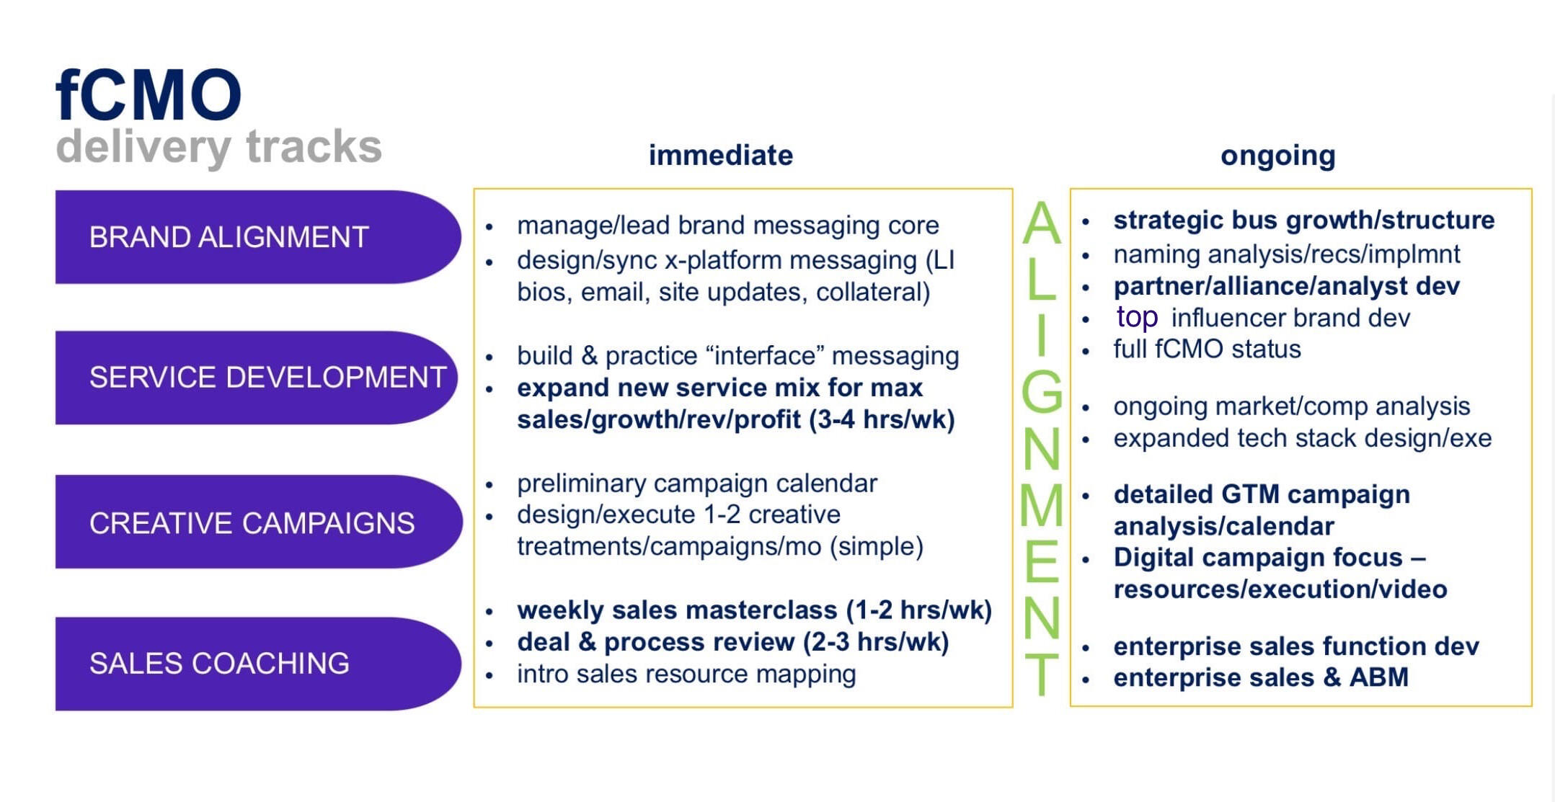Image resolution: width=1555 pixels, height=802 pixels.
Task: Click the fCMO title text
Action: [x=149, y=95]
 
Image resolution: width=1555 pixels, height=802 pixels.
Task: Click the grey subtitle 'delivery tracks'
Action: [x=218, y=146]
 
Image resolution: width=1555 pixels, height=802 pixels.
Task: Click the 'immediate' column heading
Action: [x=720, y=156]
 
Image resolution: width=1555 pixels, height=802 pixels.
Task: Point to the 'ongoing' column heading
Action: [x=1277, y=156]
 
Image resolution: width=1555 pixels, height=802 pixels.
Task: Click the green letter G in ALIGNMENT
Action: [x=1042, y=392]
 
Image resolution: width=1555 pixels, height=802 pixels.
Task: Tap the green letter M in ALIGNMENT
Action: [x=1042, y=505]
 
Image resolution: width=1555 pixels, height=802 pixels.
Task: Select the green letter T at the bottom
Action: [x=1042, y=674]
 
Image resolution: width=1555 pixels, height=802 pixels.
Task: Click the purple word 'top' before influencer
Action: [x=1137, y=318]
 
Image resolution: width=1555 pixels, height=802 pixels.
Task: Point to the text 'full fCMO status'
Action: [x=1207, y=349]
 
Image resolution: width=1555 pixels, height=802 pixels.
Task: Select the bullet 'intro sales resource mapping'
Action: [x=686, y=674]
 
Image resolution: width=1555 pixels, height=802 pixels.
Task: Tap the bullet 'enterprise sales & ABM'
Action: [x=1260, y=678]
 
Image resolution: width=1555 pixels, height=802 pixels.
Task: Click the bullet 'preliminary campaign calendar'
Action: [x=696, y=484]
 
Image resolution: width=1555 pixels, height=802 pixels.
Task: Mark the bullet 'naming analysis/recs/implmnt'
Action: [x=1286, y=254]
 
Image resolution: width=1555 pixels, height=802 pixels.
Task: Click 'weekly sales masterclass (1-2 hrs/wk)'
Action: [x=754, y=610]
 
